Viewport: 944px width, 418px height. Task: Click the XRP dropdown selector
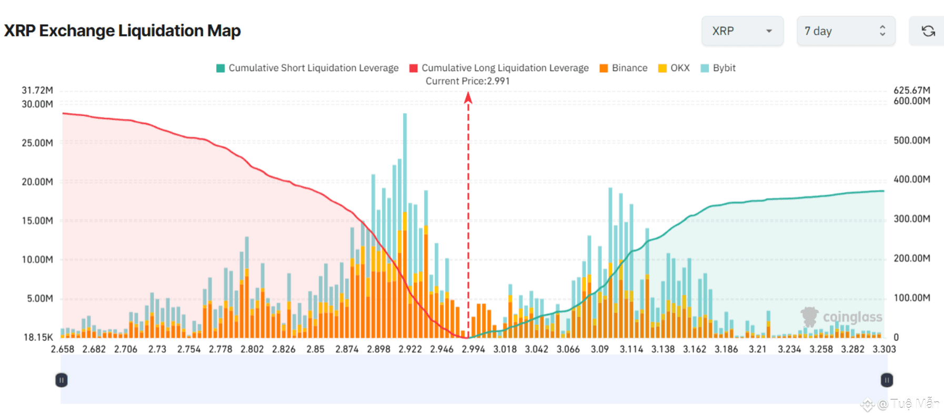742,31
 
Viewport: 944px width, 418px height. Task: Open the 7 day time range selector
846,31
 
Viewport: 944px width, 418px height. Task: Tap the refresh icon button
928,31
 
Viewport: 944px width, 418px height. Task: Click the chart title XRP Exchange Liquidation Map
122,31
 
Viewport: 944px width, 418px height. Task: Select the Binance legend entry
624,68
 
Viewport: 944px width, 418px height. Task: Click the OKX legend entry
674,68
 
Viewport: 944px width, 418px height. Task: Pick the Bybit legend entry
718,68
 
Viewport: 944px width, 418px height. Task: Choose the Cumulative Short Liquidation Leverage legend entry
308,68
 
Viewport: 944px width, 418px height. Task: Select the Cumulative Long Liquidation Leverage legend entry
499,68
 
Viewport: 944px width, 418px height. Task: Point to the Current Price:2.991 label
467,81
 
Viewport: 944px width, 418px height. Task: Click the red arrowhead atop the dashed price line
468,97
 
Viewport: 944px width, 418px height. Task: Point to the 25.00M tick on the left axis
37,143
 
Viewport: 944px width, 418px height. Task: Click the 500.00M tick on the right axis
911,140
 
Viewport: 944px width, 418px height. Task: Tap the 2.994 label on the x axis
473,349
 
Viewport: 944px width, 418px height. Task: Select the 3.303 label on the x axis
884,349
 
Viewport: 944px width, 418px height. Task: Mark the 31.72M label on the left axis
37,90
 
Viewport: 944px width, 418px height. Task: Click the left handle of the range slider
62,380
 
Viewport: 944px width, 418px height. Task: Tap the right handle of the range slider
887,380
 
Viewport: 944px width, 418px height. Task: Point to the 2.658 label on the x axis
63,349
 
